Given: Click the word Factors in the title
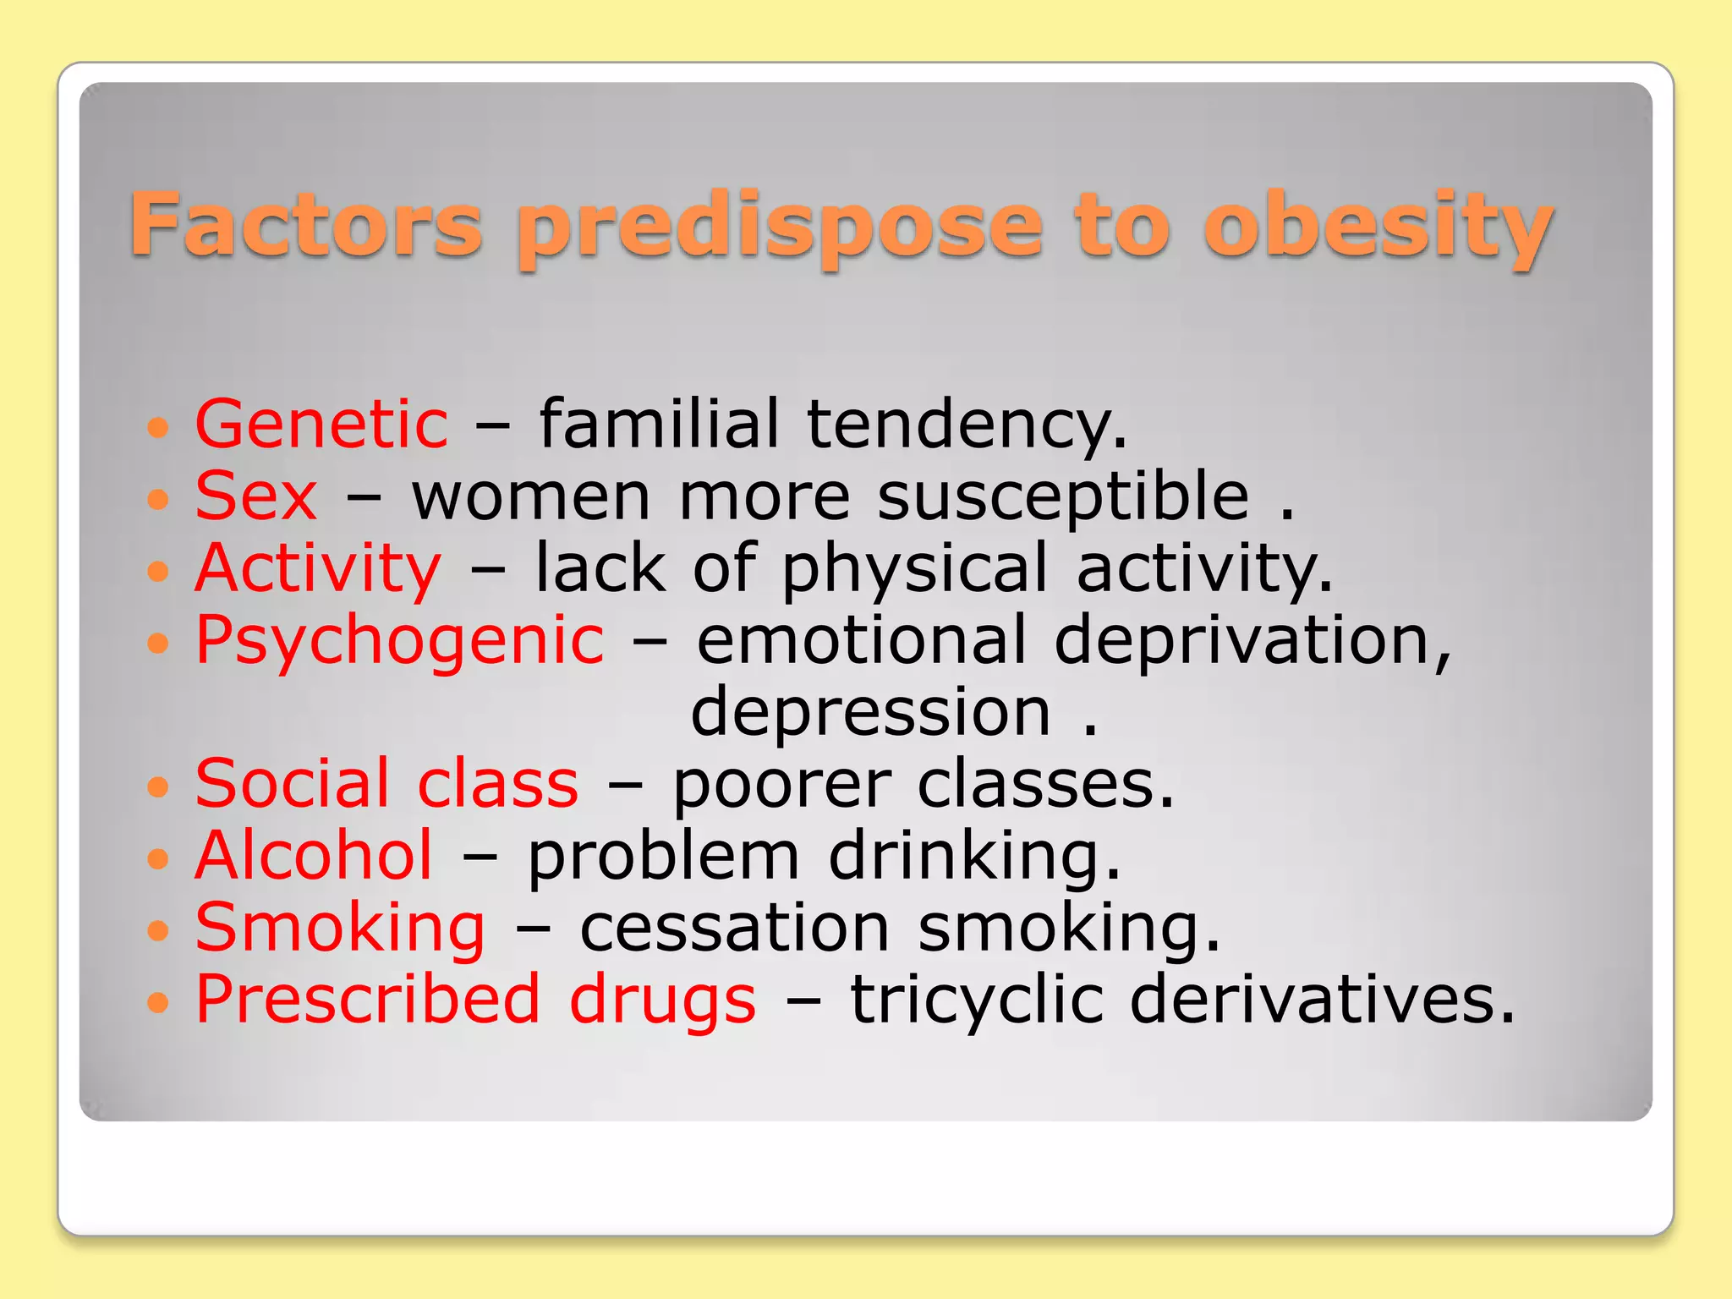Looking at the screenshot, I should [305, 224].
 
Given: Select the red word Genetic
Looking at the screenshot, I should [321, 424].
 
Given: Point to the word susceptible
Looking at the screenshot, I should [1062, 497].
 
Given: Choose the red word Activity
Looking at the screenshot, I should [317, 568].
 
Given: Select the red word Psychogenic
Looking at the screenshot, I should [399, 641].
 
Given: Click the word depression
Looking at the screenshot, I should [871, 712].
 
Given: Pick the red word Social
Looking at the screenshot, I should [293, 783].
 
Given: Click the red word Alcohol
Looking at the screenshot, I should [314, 855].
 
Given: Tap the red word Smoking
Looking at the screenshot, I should [340, 929].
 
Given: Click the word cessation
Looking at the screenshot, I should [734, 929].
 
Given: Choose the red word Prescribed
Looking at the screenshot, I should [367, 1000].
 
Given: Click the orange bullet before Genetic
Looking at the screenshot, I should [158, 426].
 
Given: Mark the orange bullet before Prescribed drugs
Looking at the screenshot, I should [158, 1003].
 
